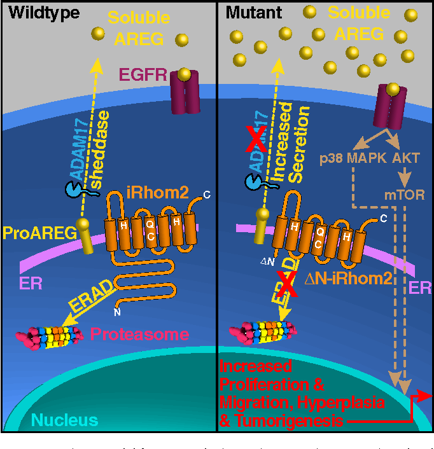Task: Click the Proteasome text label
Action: (x=139, y=334)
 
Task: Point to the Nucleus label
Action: (x=65, y=420)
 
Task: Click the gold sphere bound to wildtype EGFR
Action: (x=185, y=74)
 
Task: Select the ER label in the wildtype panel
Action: (x=32, y=283)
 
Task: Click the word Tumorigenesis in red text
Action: (x=280, y=420)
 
